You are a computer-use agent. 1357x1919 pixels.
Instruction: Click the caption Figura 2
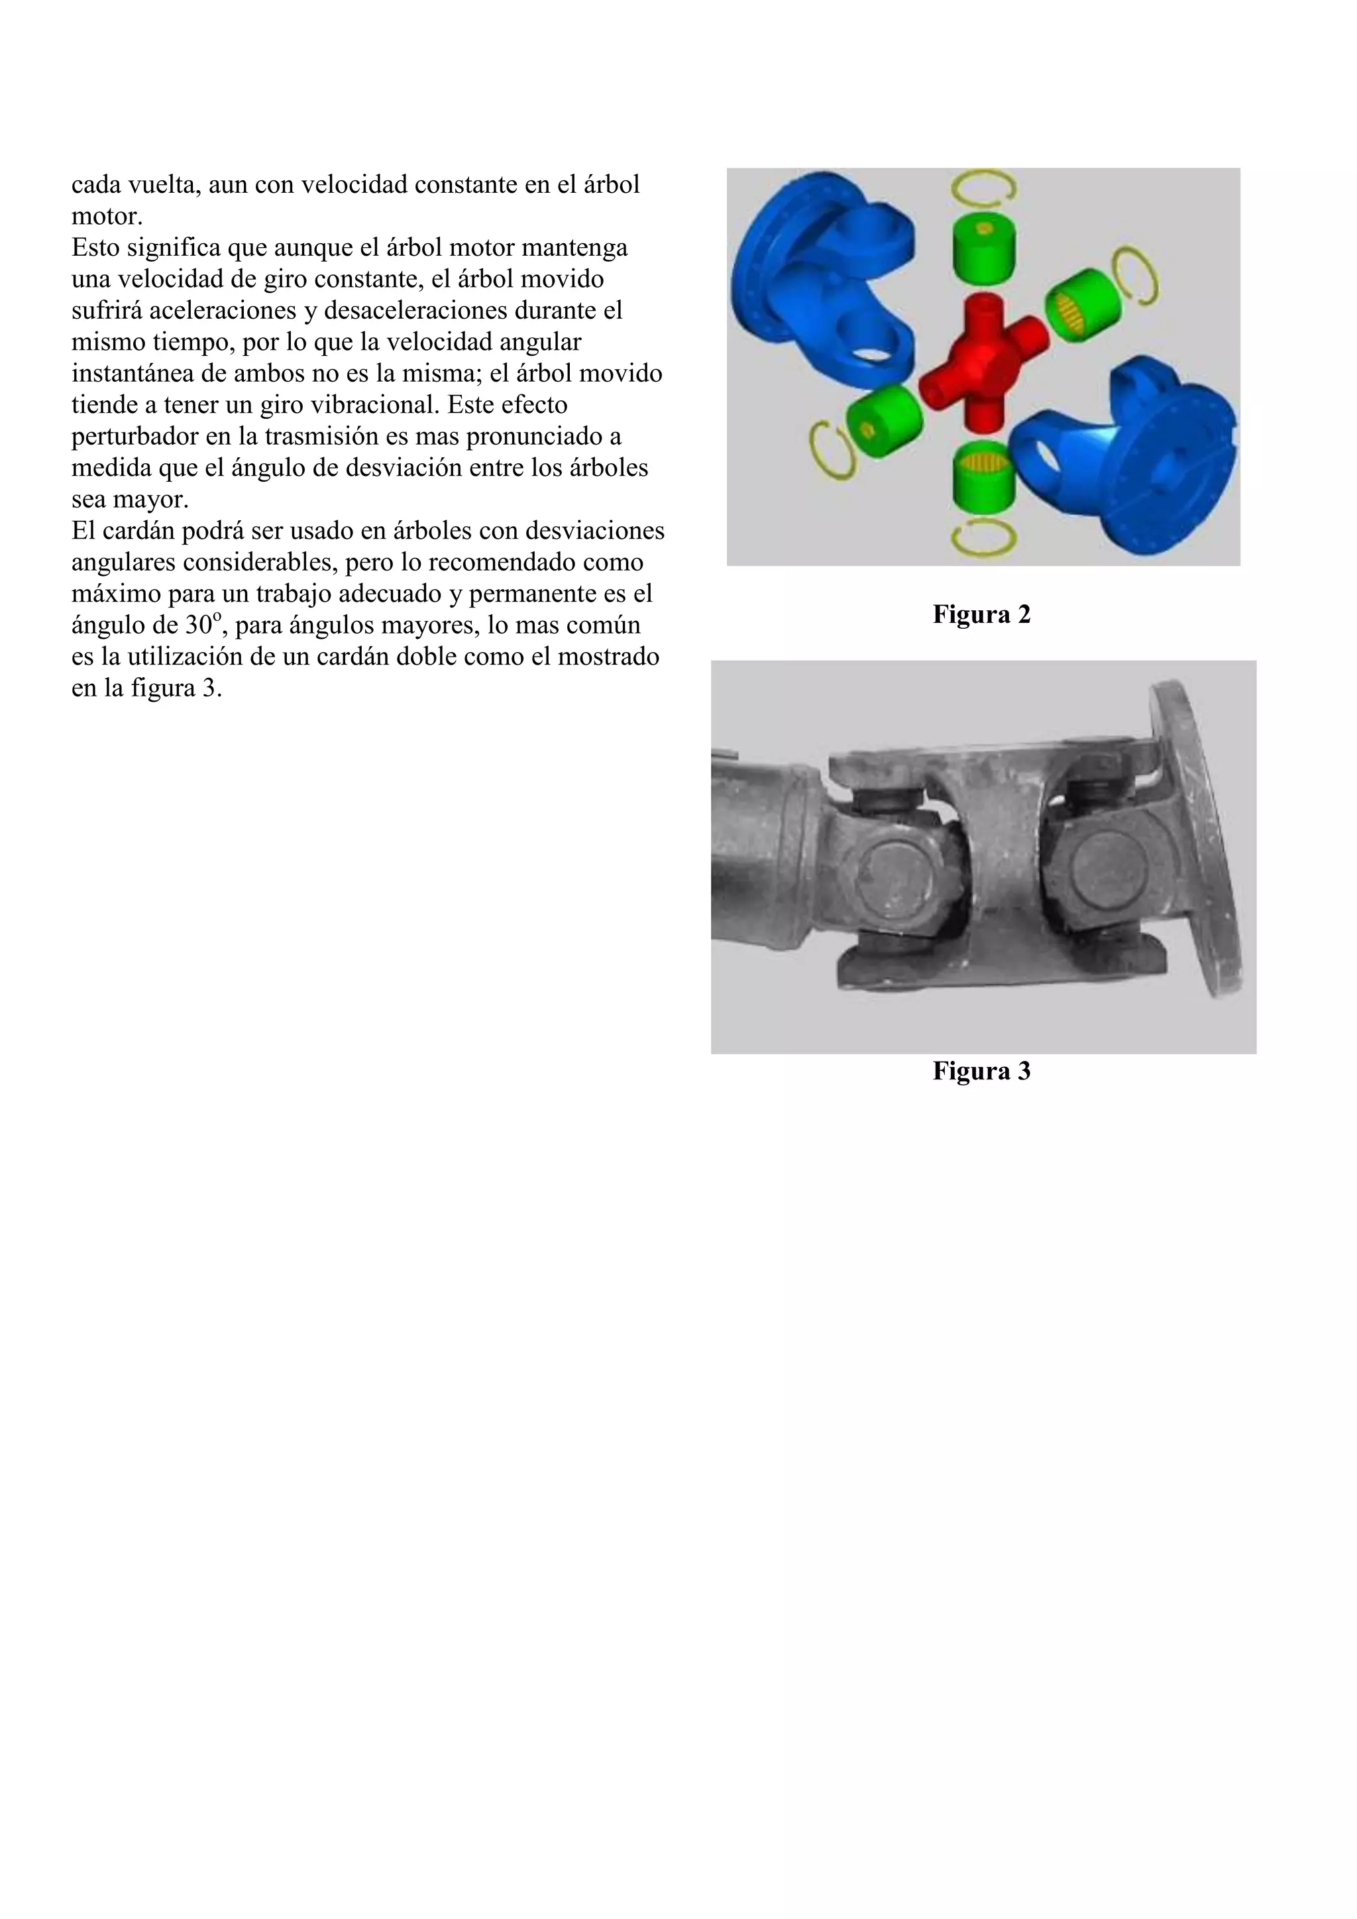[981, 614]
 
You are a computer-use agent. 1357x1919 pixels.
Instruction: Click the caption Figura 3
[981, 1071]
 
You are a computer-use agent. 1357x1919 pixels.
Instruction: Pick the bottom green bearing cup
[983, 474]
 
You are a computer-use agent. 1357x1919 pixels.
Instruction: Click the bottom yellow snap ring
[983, 537]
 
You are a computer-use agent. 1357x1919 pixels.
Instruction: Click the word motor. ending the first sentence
[107, 217]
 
